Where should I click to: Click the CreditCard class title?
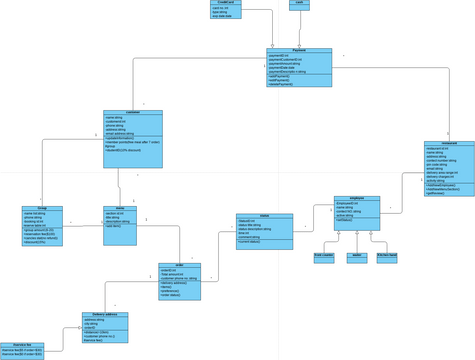225,3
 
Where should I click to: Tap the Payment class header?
299,50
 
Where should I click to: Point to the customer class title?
133,112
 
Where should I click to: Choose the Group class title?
42,208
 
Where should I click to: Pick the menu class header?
120,208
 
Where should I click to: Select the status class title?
264,216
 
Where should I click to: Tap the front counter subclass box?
324,257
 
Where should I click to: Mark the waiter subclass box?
357,257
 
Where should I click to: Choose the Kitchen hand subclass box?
386,257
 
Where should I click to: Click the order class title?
179,265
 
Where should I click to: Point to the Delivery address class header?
105,315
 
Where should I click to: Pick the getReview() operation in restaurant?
436,193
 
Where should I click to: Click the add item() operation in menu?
113,227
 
